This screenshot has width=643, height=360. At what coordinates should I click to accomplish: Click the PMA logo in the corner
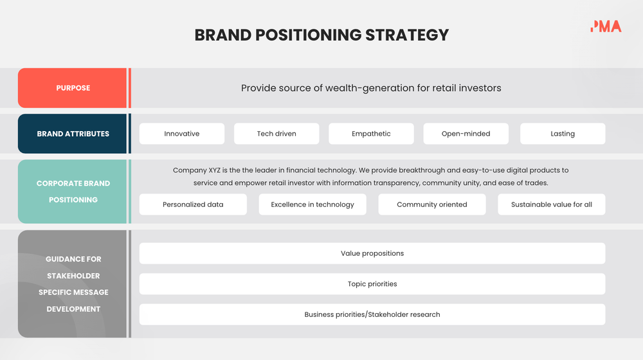(606, 26)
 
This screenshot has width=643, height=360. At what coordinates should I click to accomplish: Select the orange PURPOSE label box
(73, 88)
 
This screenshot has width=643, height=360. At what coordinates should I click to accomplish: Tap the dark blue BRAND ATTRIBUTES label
(73, 134)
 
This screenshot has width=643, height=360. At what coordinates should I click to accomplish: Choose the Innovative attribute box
(182, 134)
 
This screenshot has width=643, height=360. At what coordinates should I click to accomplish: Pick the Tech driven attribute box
(276, 134)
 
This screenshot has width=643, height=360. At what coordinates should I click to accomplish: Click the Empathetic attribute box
(371, 134)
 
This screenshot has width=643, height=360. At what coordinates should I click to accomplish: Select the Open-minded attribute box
(466, 134)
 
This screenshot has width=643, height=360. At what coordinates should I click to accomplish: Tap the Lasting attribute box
(563, 134)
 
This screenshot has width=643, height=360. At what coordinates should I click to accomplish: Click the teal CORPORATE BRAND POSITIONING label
(73, 192)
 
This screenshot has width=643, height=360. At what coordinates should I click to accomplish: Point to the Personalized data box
(193, 204)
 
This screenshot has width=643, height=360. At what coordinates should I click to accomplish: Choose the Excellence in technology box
(312, 204)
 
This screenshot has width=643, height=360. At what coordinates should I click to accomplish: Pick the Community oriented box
(432, 204)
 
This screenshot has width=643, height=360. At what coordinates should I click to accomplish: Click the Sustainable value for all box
(552, 204)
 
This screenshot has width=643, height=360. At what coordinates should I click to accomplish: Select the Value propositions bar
(372, 253)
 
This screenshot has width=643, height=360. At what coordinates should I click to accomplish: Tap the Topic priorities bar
(372, 284)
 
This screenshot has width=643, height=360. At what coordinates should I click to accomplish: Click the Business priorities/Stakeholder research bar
(372, 314)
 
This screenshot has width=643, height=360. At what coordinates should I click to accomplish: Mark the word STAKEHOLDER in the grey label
(73, 276)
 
